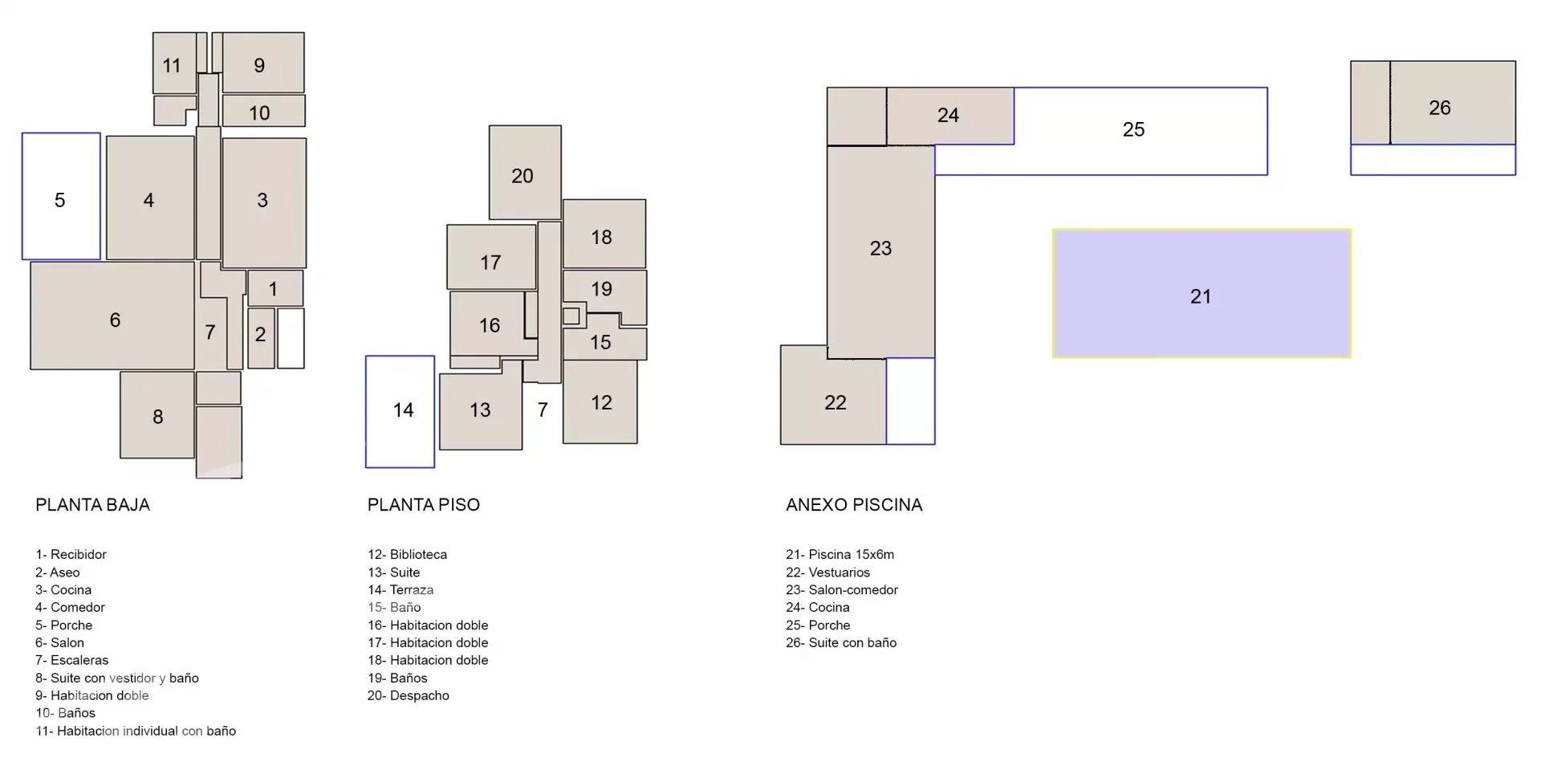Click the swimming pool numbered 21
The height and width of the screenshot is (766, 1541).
coord(1201,294)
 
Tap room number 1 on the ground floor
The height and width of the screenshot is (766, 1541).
coord(274,288)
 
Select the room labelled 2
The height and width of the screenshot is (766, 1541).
coord(261,338)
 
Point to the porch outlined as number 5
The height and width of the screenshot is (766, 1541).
coord(61,196)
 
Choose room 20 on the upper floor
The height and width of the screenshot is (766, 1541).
coord(525,172)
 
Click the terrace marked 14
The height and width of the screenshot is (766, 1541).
coord(400,411)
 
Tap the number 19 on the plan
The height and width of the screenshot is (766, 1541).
coord(602,289)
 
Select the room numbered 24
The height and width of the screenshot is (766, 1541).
coord(950,116)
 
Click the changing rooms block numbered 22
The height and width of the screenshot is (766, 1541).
coord(833,395)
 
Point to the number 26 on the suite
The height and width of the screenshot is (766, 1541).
coord(1440,108)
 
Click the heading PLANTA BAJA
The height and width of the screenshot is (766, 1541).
coord(92,505)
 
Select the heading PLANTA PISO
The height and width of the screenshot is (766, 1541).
coord(424,505)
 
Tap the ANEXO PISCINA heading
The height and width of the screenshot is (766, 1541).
coord(854,505)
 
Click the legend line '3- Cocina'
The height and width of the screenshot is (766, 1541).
coord(63,590)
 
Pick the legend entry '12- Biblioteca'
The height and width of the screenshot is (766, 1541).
coord(408,555)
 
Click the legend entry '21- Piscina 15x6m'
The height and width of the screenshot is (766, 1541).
coord(840,555)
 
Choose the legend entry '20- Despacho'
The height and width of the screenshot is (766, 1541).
coord(409,696)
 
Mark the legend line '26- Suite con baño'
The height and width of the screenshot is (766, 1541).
coord(841,643)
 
